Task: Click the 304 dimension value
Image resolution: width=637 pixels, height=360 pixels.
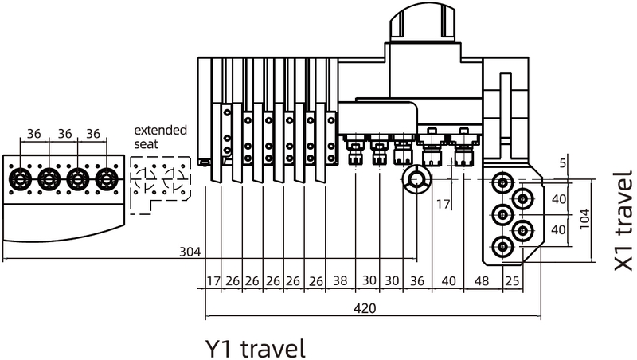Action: [190, 252]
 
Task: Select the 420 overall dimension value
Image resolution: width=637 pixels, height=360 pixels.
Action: [365, 308]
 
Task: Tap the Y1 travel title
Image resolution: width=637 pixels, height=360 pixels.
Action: [255, 348]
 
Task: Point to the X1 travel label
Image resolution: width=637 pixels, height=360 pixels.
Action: [623, 221]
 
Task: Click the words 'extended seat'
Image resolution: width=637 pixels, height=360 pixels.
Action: [161, 137]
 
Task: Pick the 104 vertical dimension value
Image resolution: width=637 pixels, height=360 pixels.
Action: [584, 219]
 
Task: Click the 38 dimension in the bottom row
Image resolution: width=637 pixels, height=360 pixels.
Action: [340, 281]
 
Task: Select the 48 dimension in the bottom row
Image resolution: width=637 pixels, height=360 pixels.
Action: [482, 281]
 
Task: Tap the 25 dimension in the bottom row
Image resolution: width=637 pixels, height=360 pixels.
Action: [512, 281]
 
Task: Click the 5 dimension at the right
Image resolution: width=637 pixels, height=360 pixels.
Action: [562, 163]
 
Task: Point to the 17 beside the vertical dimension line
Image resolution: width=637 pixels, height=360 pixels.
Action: [444, 204]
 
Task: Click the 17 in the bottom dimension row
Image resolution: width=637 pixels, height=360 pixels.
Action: [213, 281]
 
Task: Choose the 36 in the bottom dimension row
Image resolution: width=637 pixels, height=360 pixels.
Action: [417, 281]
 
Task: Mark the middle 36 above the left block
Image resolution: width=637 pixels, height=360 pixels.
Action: [64, 133]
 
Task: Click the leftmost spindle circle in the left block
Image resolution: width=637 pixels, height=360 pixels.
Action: [18, 178]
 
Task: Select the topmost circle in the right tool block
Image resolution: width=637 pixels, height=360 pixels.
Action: [502, 182]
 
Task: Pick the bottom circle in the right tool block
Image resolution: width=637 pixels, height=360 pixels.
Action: [502, 246]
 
